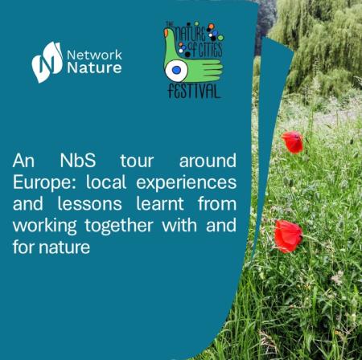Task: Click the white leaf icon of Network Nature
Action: pyautogui.click(x=47, y=62)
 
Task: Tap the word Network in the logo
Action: pyautogui.click(x=94, y=55)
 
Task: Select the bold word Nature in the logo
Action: pyautogui.click(x=94, y=67)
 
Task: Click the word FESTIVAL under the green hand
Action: pyautogui.click(x=194, y=91)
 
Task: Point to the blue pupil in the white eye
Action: pyautogui.click(x=176, y=70)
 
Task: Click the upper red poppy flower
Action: pyautogui.click(x=293, y=142)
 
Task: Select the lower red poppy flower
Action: pyautogui.click(x=288, y=236)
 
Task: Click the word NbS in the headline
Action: pyautogui.click(x=78, y=161)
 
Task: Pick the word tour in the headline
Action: pyautogui.click(x=137, y=161)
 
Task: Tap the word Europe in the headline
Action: pyautogui.click(x=44, y=183)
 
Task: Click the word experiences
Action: pyautogui.click(x=187, y=183)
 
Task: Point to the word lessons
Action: pyautogui.click(x=89, y=204)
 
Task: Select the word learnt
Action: pyautogui.click(x=160, y=204)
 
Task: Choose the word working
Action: pyautogui.click(x=45, y=227)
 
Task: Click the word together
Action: pyautogui.click(x=119, y=227)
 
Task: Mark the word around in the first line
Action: pyautogui.click(x=208, y=161)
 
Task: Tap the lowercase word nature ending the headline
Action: pyautogui.click(x=64, y=247)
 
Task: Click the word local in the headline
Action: pyautogui.click(x=106, y=182)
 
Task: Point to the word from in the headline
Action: pyautogui.click(x=217, y=204)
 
